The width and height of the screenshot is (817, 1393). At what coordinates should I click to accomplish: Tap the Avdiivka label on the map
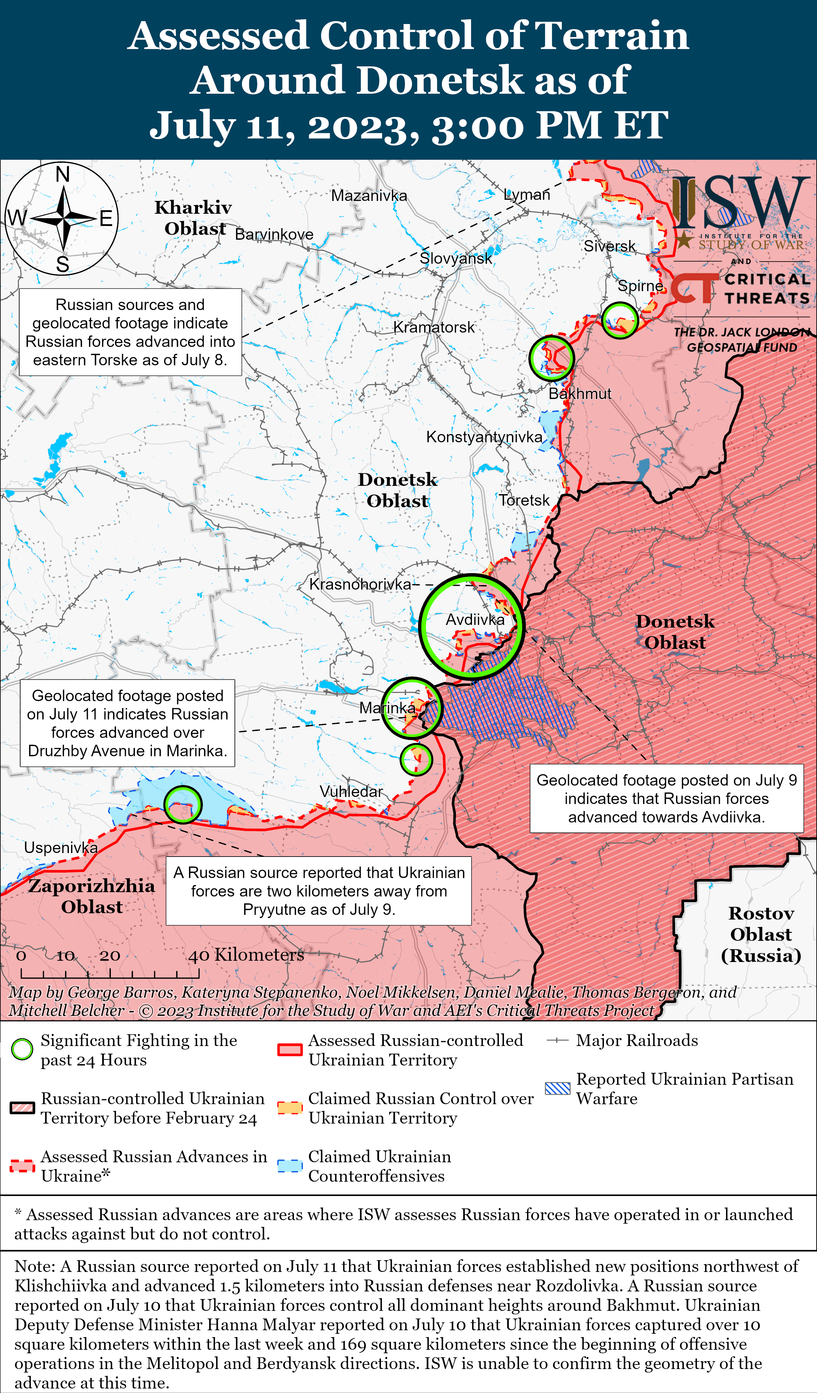pos(475,620)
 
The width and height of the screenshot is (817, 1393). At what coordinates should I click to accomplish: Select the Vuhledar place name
pos(351,792)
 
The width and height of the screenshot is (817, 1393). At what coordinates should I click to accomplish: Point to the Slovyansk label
pos(456,258)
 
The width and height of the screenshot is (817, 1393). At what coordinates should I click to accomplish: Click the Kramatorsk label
pos(434,327)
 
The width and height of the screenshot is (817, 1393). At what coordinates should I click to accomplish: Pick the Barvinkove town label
pos(274,234)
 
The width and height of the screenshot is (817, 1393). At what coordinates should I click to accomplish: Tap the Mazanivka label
pos(369,195)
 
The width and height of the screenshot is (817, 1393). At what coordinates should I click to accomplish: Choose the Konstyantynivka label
pos(484,437)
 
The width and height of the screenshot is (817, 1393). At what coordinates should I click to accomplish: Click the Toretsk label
pos(524,500)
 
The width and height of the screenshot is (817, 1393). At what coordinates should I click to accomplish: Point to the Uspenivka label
pos(61,847)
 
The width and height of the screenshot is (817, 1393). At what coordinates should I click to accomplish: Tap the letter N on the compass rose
pos(62,175)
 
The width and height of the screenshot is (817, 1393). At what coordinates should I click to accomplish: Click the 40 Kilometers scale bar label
pos(246,955)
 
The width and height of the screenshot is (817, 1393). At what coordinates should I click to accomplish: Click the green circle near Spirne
pos(620,320)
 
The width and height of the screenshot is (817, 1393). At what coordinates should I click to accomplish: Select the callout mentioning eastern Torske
pos(130,332)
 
